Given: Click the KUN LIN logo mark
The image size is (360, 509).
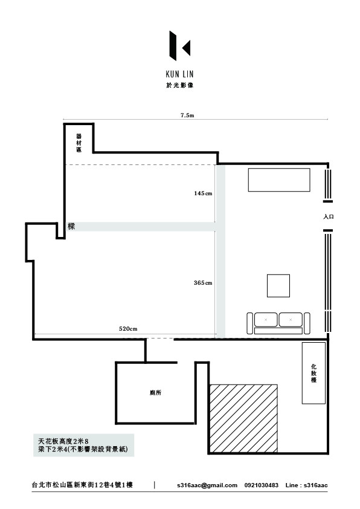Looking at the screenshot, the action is (x=179, y=46).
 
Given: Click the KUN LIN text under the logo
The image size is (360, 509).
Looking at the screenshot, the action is (x=179, y=74).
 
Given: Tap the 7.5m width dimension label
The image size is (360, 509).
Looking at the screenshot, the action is (x=187, y=115).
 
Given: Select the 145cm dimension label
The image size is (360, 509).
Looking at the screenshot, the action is (x=203, y=193).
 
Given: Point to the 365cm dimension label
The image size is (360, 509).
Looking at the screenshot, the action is (x=203, y=283).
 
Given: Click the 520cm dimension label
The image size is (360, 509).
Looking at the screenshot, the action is (x=128, y=328).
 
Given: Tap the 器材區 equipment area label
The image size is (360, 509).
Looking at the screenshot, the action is (x=79, y=143).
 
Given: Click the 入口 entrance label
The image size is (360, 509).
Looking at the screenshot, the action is (x=328, y=216).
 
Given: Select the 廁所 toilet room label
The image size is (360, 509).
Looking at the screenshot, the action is (x=156, y=392).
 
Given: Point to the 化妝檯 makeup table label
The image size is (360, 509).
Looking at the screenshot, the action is (x=313, y=374).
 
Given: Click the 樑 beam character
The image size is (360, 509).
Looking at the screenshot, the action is (x=71, y=226).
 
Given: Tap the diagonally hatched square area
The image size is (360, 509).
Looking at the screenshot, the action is (x=243, y=418).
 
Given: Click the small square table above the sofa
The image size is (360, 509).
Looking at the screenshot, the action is (x=278, y=286).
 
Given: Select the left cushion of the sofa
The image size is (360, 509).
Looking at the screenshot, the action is (x=266, y=320).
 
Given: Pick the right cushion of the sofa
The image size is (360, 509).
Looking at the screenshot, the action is (x=291, y=320).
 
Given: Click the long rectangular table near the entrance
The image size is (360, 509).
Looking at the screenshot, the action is (x=279, y=180).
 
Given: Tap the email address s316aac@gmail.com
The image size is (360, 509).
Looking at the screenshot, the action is (x=207, y=485).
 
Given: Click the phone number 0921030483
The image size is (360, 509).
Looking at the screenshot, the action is (x=262, y=485).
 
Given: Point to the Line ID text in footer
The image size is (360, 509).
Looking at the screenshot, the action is (x=306, y=485).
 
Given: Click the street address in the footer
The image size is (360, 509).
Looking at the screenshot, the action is (x=82, y=485).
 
